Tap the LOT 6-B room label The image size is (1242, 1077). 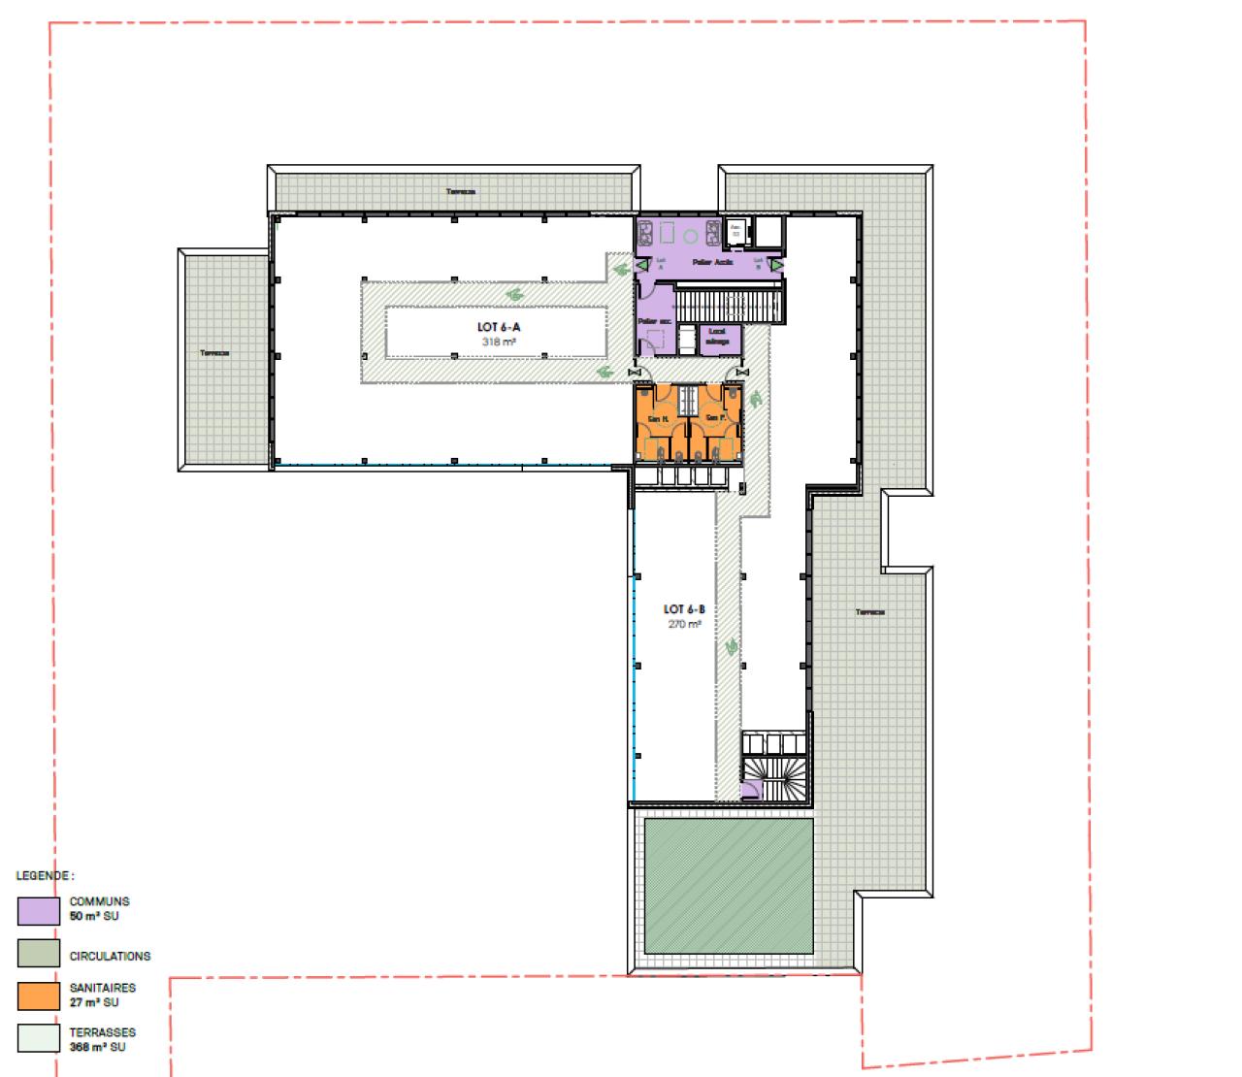tap(683, 609)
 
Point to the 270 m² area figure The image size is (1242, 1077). tap(683, 624)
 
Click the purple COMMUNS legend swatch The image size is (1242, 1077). tap(38, 910)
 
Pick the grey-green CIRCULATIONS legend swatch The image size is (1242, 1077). tap(38, 955)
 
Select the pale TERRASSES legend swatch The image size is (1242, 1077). tap(38, 1040)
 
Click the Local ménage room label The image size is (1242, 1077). tap(717, 336)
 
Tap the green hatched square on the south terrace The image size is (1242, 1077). tap(729, 886)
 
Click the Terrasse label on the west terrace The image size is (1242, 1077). tap(212, 353)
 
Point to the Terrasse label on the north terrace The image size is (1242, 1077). tap(460, 191)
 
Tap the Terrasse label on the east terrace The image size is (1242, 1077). tap(869, 612)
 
